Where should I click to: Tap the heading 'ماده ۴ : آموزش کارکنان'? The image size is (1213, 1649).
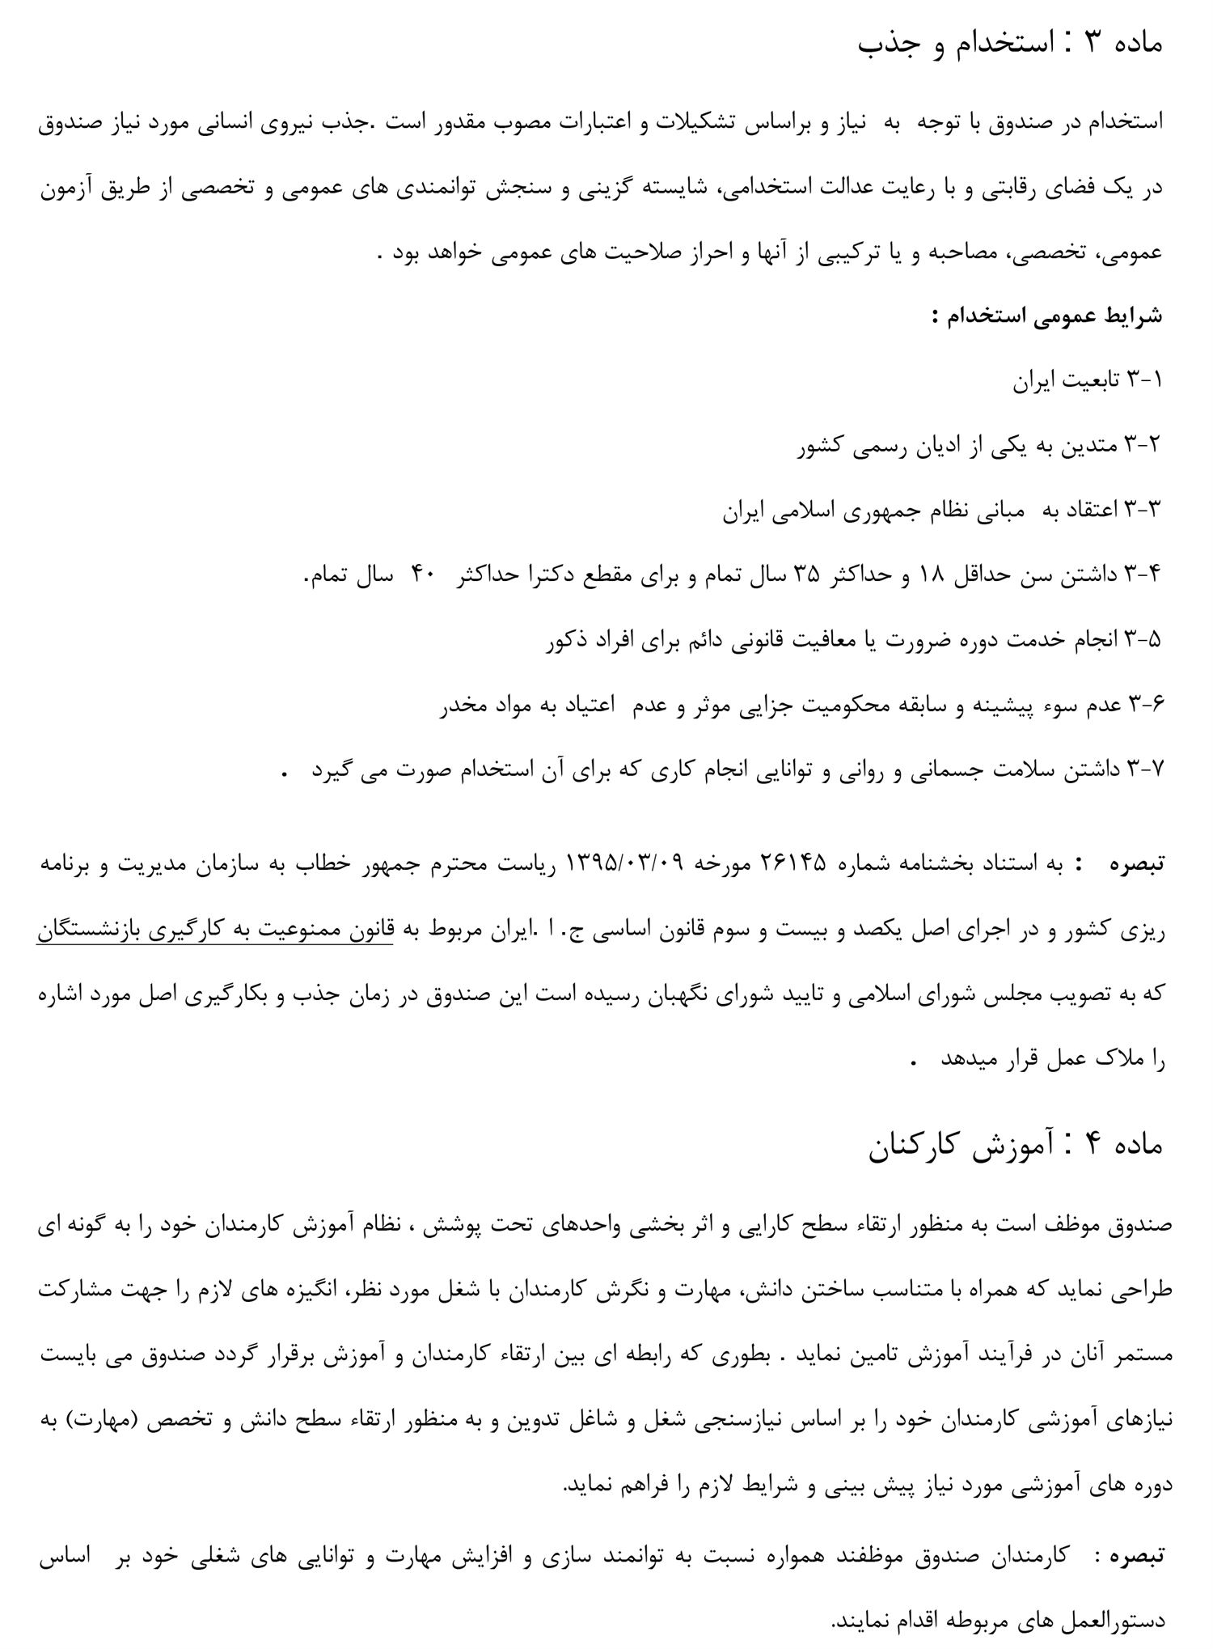[x=1016, y=1147]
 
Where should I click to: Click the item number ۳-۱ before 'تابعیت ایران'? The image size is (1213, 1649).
[x=1143, y=380]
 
